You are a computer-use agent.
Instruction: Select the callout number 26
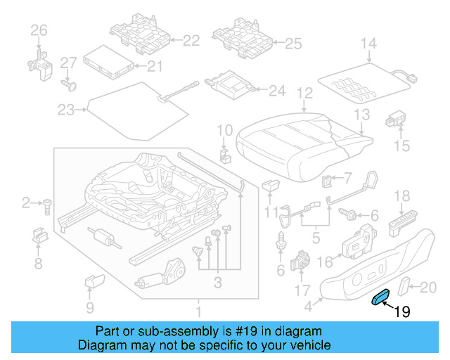[x=38, y=30]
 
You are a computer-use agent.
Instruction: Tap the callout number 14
[x=369, y=44]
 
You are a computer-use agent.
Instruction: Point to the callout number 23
[x=65, y=110]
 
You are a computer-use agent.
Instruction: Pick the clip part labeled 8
[x=39, y=236]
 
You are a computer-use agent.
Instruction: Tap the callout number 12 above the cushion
[x=304, y=93]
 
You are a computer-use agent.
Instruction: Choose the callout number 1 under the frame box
[x=199, y=310]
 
